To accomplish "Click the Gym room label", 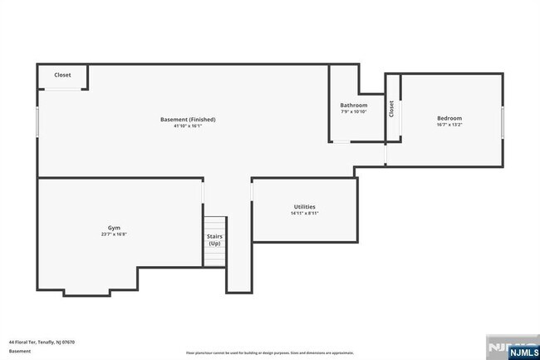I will pos(114,227).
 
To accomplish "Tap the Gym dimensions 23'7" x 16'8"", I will pos(114,234).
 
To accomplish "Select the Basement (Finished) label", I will pos(188,119).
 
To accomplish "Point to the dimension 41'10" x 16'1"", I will pos(188,126).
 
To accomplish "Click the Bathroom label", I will pos(354,105).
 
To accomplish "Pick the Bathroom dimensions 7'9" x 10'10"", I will pos(354,111).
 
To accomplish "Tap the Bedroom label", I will pos(449,118).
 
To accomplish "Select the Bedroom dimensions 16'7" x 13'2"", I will pos(449,126).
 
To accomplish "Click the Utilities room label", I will pos(304,206).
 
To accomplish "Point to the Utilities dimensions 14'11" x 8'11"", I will pos(304,213).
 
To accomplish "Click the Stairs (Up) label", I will pos(214,239).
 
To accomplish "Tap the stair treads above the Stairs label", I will pos(215,224).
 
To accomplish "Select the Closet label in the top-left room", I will pos(62,75).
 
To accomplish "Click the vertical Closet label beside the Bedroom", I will pos(391,108).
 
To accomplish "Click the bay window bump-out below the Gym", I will pos(86,290).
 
